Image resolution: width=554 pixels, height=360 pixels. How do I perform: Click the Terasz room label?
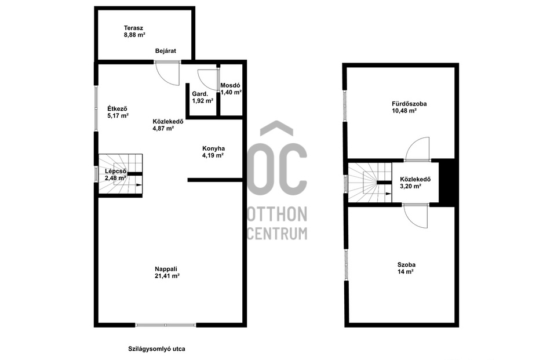(x=133, y=28)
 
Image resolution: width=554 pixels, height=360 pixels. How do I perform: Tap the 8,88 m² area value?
(x=134, y=35)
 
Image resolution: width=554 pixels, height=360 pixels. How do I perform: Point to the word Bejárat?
(x=166, y=51)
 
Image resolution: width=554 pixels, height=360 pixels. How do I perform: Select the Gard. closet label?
(x=199, y=94)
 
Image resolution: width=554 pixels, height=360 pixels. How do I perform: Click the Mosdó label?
(x=231, y=85)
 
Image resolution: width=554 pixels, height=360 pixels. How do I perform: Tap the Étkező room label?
(x=117, y=108)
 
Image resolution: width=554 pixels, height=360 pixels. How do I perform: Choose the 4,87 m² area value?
(x=163, y=129)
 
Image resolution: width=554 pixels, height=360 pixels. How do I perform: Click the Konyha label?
(x=213, y=148)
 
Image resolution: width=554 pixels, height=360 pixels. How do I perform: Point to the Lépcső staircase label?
(x=115, y=172)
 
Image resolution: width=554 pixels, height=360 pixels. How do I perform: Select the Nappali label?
(x=166, y=269)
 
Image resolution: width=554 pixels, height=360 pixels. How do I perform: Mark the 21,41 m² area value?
(x=166, y=277)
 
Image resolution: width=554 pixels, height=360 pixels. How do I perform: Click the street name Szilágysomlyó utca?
(x=156, y=349)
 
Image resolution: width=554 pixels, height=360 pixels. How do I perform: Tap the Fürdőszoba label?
(x=409, y=104)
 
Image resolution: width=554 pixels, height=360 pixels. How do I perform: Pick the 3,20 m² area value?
(x=410, y=187)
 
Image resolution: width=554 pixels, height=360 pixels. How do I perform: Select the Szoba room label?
(x=406, y=264)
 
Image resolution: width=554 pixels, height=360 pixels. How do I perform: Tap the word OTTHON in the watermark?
(x=276, y=214)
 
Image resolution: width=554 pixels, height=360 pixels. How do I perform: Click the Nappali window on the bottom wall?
(x=166, y=325)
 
